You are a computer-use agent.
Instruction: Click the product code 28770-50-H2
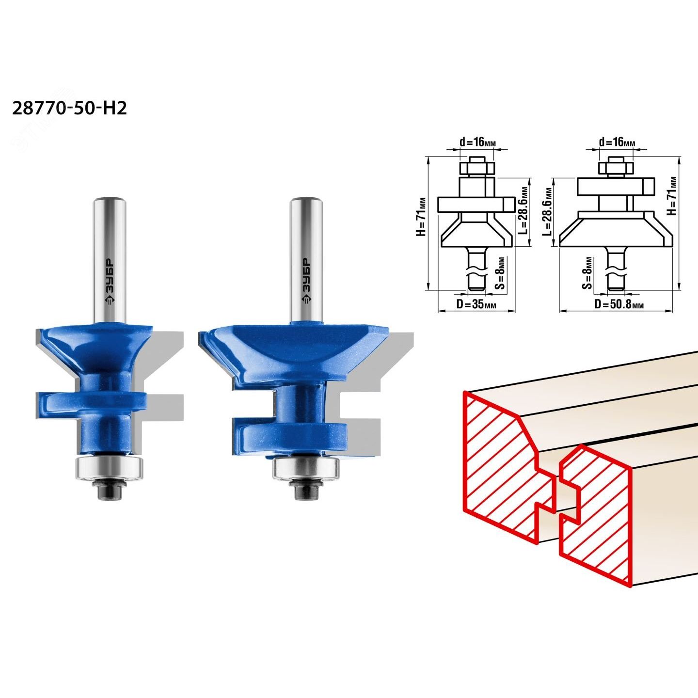(x=69, y=108)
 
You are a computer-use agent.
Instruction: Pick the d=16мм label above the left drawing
(x=478, y=143)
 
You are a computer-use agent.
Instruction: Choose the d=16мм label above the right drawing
(x=617, y=143)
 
